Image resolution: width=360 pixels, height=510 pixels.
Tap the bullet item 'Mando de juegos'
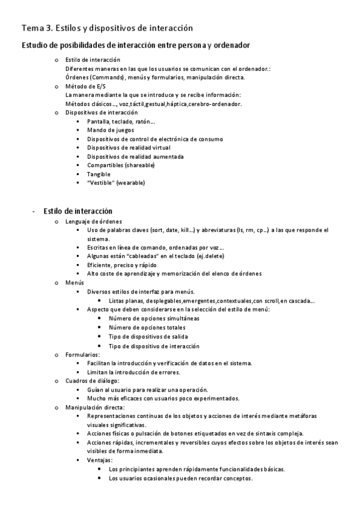coord(111,130)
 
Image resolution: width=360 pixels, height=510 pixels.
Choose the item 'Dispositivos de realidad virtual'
coord(129,147)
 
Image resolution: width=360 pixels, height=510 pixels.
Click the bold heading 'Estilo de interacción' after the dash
coord(78,211)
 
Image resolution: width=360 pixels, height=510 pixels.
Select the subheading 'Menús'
coord(75,283)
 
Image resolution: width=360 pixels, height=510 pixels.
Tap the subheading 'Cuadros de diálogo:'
coord(93,381)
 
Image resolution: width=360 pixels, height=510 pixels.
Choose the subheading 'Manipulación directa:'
coord(95,408)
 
